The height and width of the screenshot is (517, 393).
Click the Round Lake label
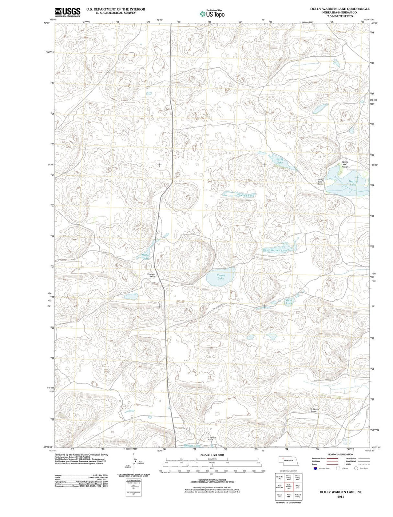[221, 277]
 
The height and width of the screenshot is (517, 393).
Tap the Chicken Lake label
[246, 195]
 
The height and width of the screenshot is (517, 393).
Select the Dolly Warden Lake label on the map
[275, 250]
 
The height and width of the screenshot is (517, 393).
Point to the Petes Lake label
[279, 161]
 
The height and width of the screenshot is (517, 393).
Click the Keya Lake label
[289, 301]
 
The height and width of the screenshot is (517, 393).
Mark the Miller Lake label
[146, 257]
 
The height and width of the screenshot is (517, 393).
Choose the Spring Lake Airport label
[345, 164]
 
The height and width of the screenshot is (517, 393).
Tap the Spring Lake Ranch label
[320, 182]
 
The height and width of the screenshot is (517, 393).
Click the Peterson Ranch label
[151, 275]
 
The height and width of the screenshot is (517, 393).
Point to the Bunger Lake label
[192, 445]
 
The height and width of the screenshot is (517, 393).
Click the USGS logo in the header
[68, 12]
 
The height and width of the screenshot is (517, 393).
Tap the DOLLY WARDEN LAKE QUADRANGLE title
[340, 9]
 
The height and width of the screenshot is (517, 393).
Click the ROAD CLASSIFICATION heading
[340, 454]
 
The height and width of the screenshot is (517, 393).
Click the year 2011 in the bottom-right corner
[340, 496]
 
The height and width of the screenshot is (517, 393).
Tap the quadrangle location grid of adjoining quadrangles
[288, 487]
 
